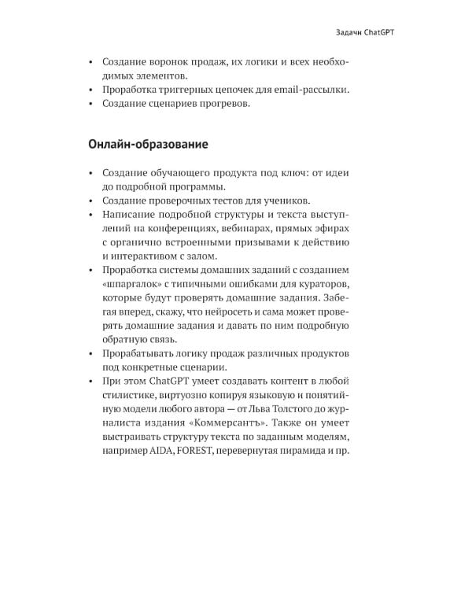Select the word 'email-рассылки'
(308, 90)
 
